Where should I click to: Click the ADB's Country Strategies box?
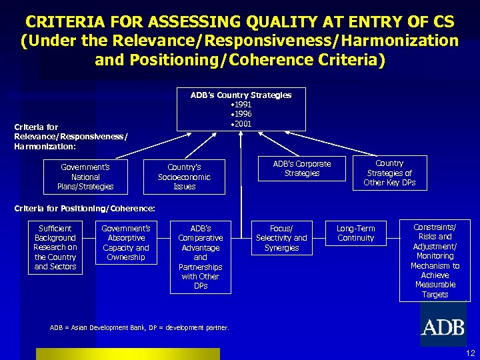(241, 109)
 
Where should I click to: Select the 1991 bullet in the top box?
(241, 105)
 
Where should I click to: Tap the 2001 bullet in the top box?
(241, 123)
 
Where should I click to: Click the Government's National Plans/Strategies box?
(85, 177)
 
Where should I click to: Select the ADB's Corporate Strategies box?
(302, 169)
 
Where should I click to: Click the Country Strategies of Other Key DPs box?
(389, 173)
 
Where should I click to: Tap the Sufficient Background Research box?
(55, 247)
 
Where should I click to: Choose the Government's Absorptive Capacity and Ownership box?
(125, 243)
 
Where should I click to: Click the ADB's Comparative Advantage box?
(201, 257)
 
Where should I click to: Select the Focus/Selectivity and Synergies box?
(281, 238)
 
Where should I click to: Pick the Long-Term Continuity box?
(356, 233)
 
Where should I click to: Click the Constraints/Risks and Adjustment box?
(435, 261)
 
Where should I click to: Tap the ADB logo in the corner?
(443, 327)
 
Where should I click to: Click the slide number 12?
(471, 353)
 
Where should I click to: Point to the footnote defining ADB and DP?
(139, 327)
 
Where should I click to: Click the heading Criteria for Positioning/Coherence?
(85, 209)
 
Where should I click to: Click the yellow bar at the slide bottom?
(127, 353)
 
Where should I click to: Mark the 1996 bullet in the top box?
(241, 114)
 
